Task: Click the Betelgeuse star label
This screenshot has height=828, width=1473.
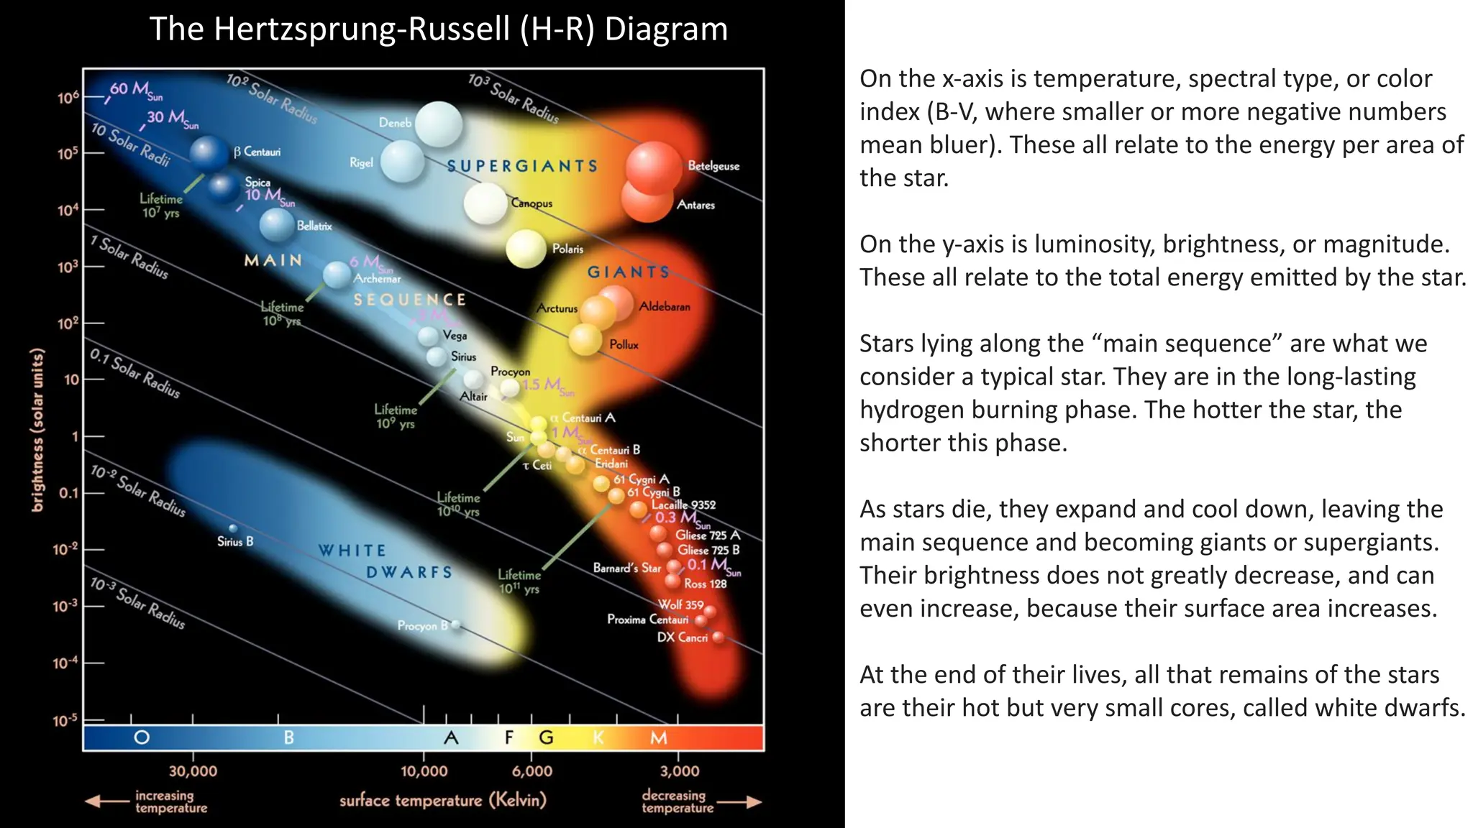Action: (713, 166)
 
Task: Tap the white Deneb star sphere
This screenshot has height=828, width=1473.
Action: (438, 124)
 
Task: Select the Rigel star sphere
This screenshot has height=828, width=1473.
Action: (402, 161)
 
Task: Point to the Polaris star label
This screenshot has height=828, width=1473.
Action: (567, 249)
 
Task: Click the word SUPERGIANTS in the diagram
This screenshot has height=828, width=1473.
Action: (522, 166)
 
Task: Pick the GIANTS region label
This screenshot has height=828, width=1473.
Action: (629, 272)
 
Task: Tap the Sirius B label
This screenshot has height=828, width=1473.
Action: (235, 542)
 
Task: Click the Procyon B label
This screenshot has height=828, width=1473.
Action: (422, 626)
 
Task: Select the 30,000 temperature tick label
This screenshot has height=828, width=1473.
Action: (193, 771)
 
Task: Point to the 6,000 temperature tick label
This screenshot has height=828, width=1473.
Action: (532, 771)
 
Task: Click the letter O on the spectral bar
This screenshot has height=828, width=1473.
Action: (142, 737)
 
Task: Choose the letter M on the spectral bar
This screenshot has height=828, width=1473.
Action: (659, 737)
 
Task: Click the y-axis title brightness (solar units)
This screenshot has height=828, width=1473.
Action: (37, 431)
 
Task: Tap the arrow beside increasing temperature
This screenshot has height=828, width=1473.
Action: (106, 801)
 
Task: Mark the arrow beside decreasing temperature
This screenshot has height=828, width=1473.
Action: (740, 801)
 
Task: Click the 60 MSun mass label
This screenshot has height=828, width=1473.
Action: (135, 91)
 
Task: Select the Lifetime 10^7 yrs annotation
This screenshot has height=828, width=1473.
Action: (160, 206)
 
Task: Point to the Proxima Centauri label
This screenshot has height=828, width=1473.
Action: (647, 620)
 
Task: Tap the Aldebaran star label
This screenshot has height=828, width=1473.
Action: (665, 307)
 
